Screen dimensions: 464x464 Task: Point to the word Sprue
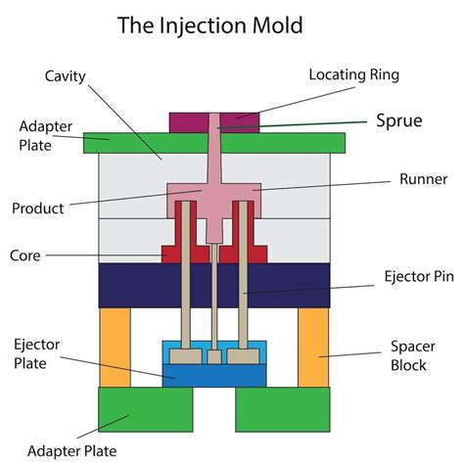tap(399, 121)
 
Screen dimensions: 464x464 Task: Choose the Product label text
tap(38, 209)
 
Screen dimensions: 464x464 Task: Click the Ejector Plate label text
tap(36, 353)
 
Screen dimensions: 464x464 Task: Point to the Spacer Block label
tap(406, 356)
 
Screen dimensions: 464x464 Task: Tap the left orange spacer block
tap(115, 347)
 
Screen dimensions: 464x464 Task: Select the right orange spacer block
tap(313, 347)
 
